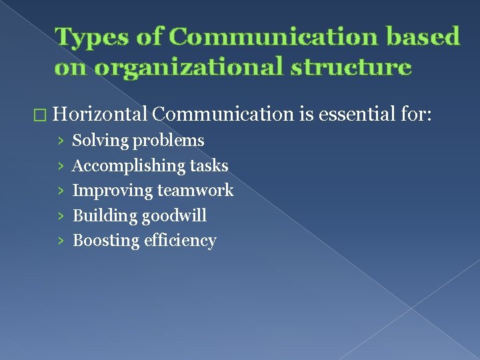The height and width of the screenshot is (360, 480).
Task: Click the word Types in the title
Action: point(87,37)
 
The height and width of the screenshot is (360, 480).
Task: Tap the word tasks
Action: point(209,165)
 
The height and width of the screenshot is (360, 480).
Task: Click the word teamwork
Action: point(195,191)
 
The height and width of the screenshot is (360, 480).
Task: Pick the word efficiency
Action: point(180,241)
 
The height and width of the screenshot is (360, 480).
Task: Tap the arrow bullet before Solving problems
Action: point(61,141)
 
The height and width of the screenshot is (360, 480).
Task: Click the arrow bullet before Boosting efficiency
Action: point(61,241)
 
